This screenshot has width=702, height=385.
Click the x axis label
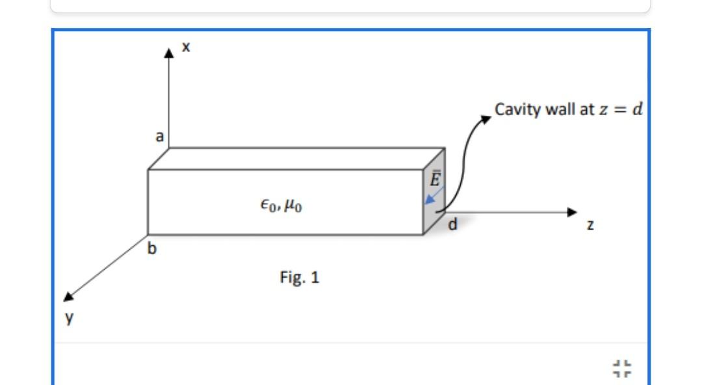186,47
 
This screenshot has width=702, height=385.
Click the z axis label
589,224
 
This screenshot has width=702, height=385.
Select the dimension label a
159,136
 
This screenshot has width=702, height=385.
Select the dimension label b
152,249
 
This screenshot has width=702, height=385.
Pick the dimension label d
453,225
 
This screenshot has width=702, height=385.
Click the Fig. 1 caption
300,278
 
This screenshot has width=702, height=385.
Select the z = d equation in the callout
620,109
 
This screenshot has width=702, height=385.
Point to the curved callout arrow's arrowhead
486,119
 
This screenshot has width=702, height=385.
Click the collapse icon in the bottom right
622,369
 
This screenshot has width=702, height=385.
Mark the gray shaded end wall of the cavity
434,208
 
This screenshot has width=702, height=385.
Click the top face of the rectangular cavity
296,158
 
